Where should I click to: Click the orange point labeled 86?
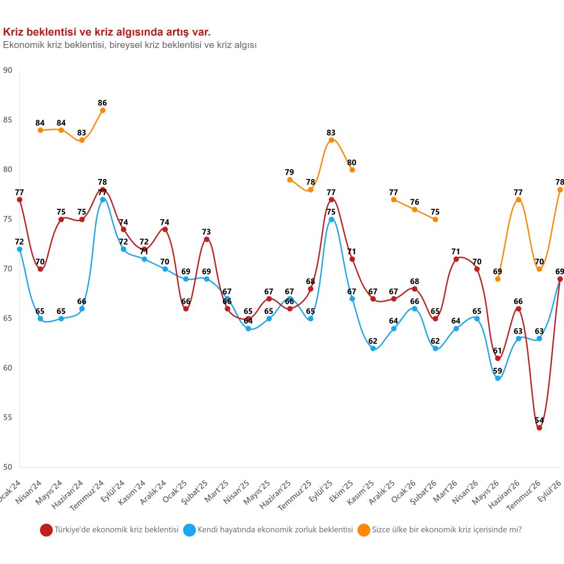click(102, 110)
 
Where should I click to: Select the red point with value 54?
click(539, 427)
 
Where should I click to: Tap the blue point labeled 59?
click(498, 378)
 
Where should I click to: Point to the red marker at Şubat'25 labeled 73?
click(207, 239)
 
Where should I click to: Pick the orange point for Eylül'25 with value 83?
click(331, 140)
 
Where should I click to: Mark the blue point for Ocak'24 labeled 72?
click(19, 250)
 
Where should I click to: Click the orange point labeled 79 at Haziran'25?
click(290, 180)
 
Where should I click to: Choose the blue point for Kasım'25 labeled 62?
click(373, 349)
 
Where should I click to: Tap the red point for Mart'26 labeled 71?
click(456, 259)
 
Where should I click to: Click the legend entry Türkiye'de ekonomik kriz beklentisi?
click(110, 530)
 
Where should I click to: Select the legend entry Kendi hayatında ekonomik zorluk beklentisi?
click(268, 530)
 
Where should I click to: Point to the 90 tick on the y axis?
click(8, 70)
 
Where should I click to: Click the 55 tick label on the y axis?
click(8, 417)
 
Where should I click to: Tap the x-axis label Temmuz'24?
click(88, 495)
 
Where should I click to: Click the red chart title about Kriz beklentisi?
click(107, 32)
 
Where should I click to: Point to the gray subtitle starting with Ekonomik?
click(130, 45)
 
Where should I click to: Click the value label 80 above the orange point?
click(352, 162)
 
